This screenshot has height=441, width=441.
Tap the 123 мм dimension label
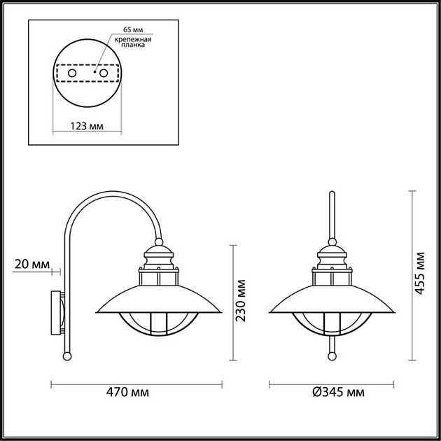[x=87, y=127]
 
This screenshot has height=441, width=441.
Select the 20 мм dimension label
[x=31, y=264]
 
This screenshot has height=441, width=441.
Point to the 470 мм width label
[x=136, y=393]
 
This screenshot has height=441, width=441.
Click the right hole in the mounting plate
[x=104, y=73]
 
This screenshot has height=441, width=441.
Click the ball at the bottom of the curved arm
[x=67, y=356]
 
